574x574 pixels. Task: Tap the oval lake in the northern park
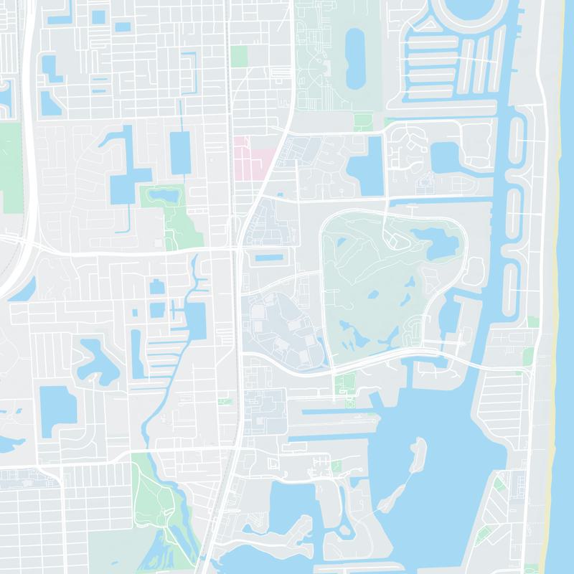click(x=355, y=57)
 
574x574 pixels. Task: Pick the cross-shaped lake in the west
click(x=123, y=169)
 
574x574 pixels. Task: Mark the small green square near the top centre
click(x=239, y=56)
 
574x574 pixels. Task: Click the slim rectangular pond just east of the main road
click(x=269, y=257)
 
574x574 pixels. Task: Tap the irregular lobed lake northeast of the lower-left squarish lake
click(x=97, y=359)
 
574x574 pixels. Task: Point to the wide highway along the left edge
click(x=29, y=143)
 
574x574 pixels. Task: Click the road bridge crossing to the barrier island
click(x=495, y=365)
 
